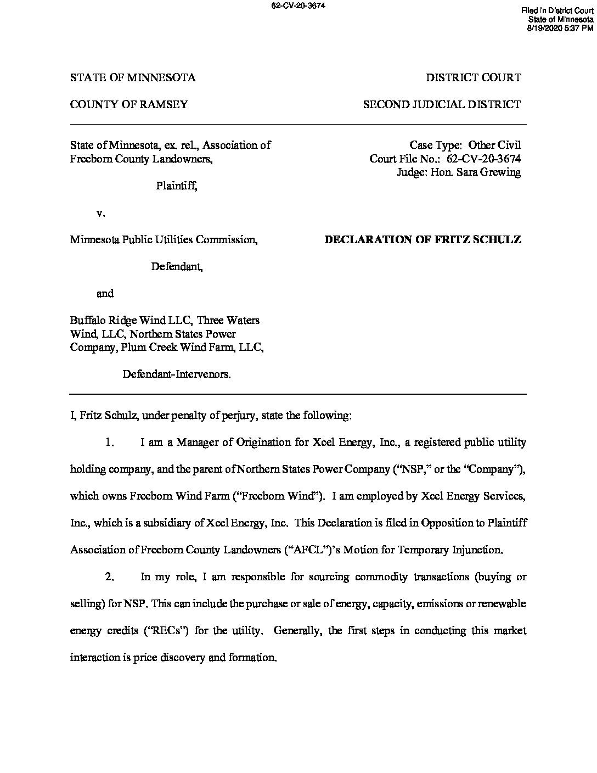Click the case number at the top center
click(x=298, y=6)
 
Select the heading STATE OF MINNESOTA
click(x=133, y=77)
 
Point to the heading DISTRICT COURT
click(x=474, y=77)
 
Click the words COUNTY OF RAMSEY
click(x=129, y=104)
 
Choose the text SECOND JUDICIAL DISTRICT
click(x=442, y=104)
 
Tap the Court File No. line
click(x=445, y=159)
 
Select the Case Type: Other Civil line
click(x=465, y=145)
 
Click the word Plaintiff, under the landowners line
click(x=176, y=186)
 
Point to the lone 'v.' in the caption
click(x=100, y=212)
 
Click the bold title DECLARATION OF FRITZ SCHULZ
click(x=423, y=239)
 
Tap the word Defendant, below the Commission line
click(x=177, y=267)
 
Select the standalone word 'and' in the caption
click(x=105, y=294)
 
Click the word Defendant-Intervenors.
click(x=177, y=374)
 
